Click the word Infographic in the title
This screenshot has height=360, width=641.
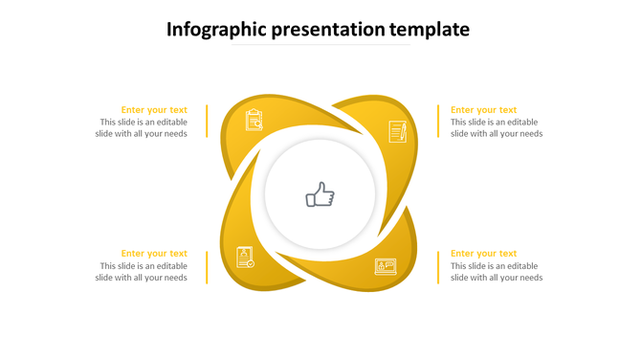[216, 30]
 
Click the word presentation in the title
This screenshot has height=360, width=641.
[331, 30]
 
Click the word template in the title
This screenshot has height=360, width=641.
[433, 30]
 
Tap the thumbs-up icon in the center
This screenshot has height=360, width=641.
[320, 196]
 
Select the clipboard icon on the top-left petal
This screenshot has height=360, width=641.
[254, 120]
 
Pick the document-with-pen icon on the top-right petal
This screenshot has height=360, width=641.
[397, 131]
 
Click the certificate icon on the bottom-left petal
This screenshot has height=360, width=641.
[245, 257]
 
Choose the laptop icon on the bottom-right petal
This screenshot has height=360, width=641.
[386, 265]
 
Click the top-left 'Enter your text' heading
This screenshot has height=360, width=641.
[154, 110]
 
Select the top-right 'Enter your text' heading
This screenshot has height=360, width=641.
[483, 110]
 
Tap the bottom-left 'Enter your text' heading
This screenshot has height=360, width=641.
[154, 254]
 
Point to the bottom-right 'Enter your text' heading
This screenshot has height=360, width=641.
[483, 254]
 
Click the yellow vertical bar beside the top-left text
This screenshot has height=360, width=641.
[207, 122]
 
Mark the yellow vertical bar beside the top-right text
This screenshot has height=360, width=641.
[438, 122]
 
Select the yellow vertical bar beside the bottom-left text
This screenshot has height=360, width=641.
[207, 266]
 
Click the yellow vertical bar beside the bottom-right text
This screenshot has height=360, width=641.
[438, 266]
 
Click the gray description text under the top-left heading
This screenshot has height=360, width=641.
[142, 128]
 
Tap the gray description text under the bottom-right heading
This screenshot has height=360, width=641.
[496, 272]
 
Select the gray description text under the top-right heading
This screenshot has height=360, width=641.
[496, 128]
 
